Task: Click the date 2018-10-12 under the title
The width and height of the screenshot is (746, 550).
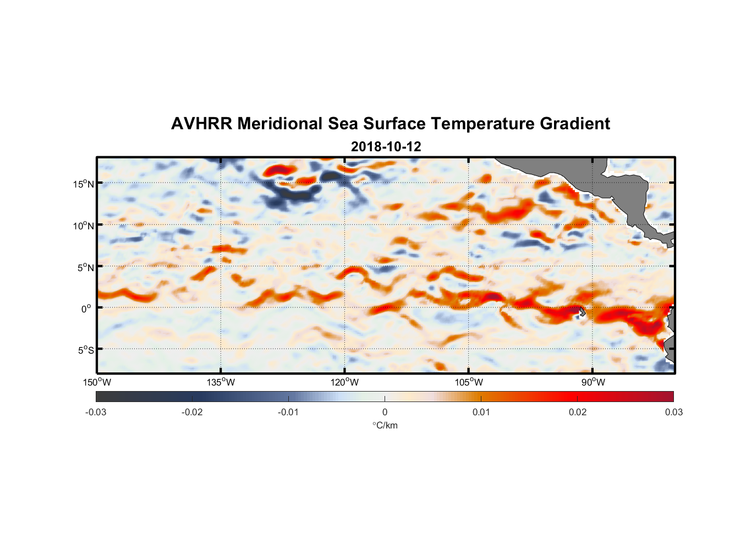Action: [x=386, y=147]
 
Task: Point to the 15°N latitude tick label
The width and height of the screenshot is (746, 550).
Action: [x=84, y=184]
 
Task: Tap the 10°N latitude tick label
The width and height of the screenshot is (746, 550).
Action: [x=84, y=226]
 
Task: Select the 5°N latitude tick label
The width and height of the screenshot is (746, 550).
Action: [x=85, y=267]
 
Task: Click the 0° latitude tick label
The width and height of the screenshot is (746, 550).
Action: [x=86, y=309]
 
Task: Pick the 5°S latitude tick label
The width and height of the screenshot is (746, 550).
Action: [x=85, y=350]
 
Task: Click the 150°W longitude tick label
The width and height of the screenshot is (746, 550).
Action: [x=97, y=382]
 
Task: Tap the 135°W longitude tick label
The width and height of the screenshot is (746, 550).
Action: [x=221, y=382]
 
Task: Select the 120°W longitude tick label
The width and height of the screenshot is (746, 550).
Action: [x=345, y=382]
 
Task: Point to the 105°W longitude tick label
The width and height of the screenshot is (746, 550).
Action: [x=469, y=382]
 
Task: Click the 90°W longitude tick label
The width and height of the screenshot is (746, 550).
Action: [x=593, y=382]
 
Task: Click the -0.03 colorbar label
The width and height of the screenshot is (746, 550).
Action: [x=96, y=412]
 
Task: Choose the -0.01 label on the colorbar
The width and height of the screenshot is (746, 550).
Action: [x=288, y=412]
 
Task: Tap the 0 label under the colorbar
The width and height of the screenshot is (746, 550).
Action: [x=385, y=412]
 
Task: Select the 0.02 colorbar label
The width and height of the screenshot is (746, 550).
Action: [x=578, y=412]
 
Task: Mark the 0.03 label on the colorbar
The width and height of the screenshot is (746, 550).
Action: [x=673, y=412]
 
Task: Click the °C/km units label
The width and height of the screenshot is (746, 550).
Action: [x=385, y=425]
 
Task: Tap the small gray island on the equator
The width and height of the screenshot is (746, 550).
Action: [x=582, y=312]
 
